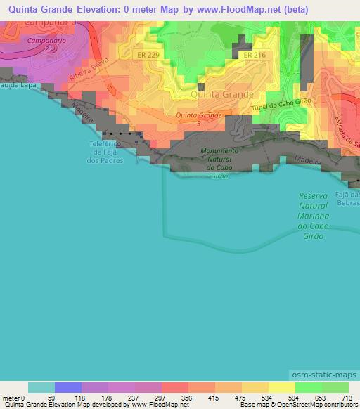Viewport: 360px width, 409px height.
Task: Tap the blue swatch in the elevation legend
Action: coord(68,387)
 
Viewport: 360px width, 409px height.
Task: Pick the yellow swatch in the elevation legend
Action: coord(281,387)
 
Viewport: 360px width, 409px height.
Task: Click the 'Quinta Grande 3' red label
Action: coord(199,117)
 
